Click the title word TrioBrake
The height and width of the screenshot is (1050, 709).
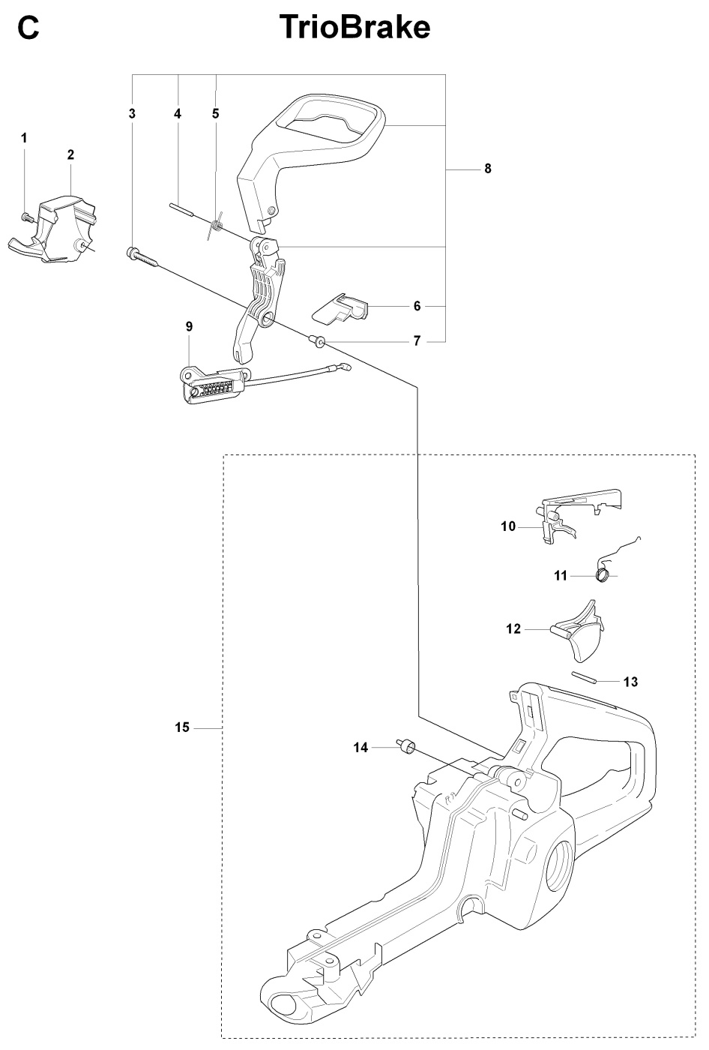[354, 28]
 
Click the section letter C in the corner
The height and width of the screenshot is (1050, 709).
[28, 28]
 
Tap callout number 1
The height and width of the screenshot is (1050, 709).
[24, 138]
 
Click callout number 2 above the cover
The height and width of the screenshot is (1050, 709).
[70, 155]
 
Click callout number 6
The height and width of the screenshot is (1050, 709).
[417, 306]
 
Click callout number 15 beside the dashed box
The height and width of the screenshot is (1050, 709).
[182, 727]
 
